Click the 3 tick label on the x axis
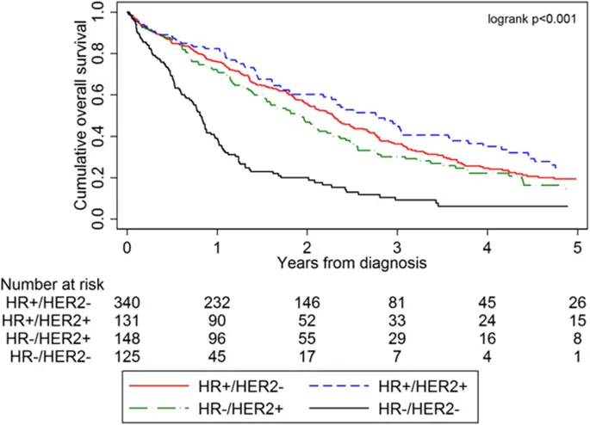tap(397, 243)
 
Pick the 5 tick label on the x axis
tap(576, 243)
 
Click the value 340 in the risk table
tap(127, 302)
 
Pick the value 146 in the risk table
tap(307, 302)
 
